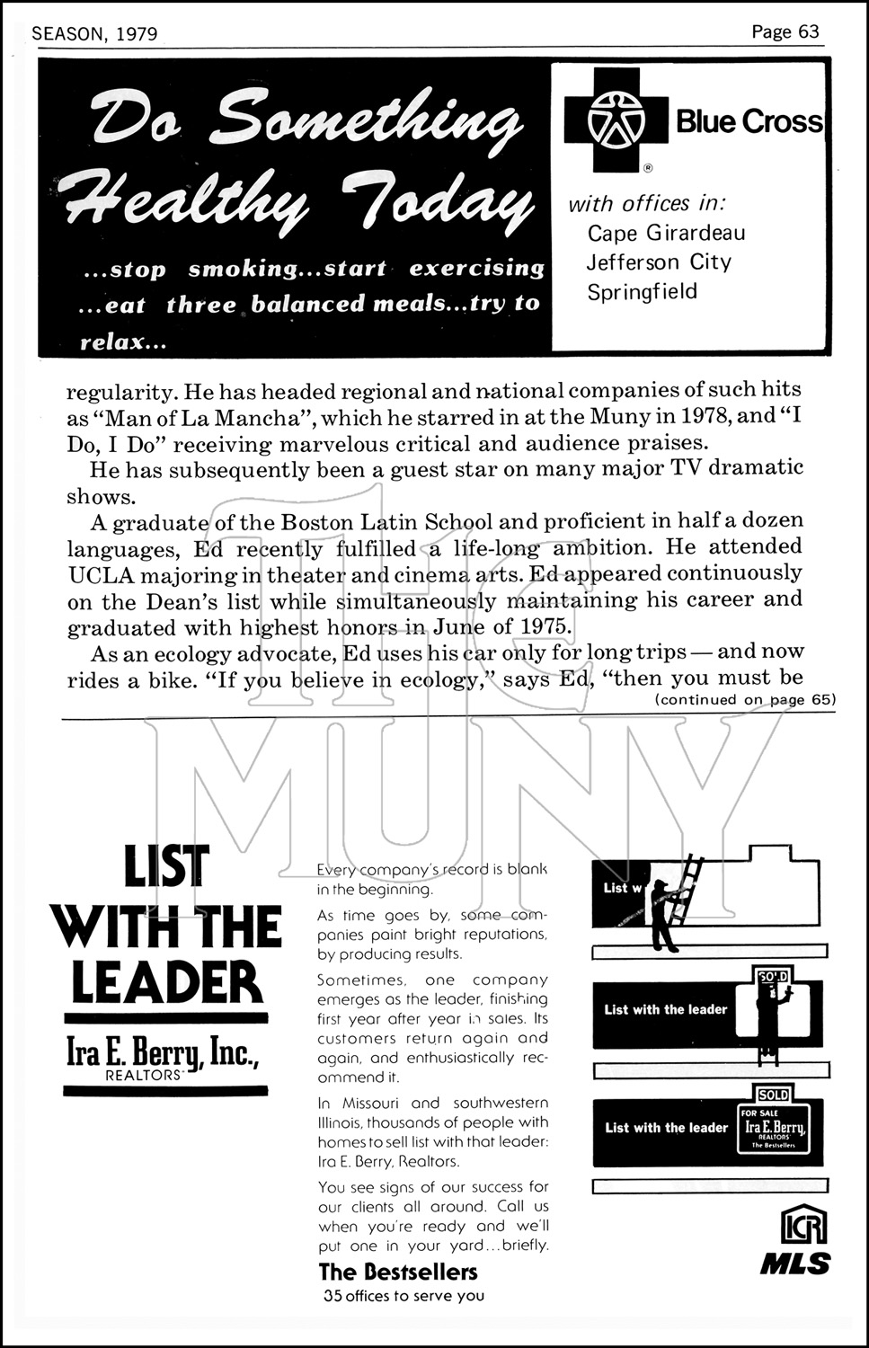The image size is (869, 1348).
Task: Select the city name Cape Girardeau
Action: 666,233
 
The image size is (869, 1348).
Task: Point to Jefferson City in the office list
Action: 659,262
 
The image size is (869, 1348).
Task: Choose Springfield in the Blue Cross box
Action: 642,292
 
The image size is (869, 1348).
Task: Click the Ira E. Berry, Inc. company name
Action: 163,1051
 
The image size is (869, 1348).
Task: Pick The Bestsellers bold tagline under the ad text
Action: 398,1272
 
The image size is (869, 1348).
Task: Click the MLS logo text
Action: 795,1263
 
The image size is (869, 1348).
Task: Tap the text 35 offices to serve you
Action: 403,1296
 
